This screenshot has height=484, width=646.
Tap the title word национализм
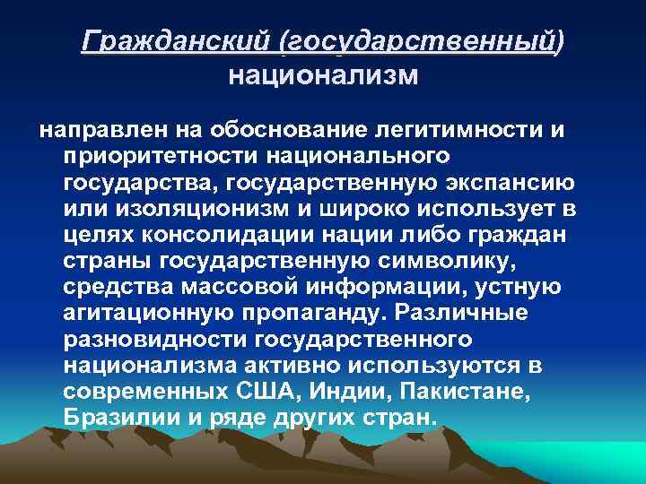pyautogui.click(x=323, y=75)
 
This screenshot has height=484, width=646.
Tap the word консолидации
pyautogui.click(x=241, y=236)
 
